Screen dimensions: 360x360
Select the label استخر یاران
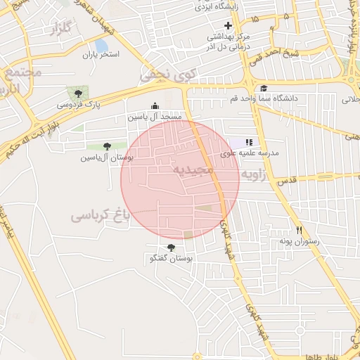tap(101, 54)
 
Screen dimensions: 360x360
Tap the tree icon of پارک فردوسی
tap(77, 94)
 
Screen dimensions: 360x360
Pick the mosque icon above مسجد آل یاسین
tap(155, 105)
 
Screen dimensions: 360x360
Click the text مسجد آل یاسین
tap(155, 116)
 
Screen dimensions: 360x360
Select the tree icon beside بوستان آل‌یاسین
tap(107, 146)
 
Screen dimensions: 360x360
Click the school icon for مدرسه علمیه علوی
tap(248, 142)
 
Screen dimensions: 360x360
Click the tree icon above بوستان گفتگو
tap(171, 247)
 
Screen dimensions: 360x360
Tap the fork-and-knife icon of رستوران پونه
tap(299, 231)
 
